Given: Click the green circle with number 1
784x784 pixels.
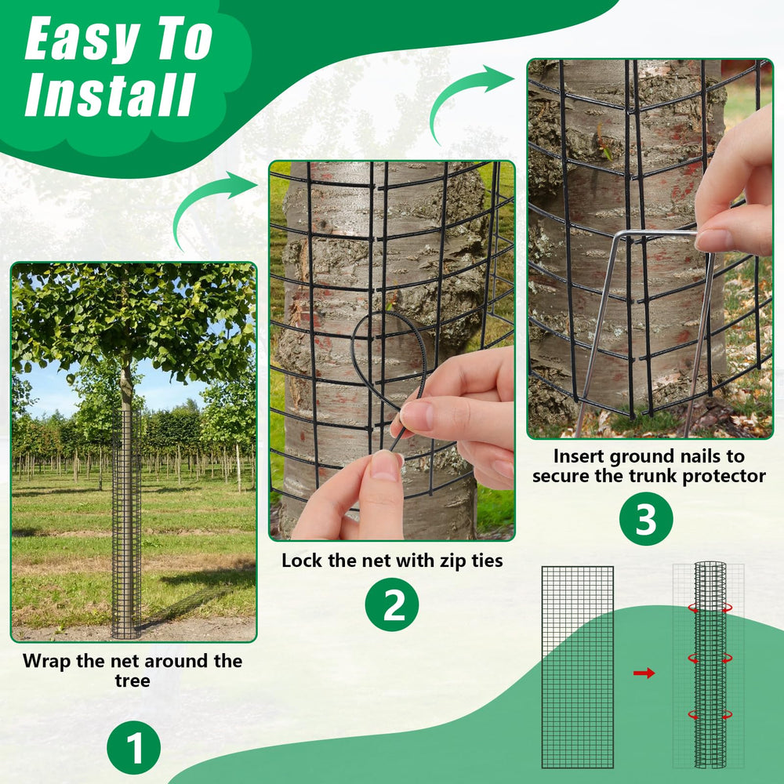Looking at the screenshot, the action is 133,747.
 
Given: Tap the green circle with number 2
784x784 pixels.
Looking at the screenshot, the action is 392,604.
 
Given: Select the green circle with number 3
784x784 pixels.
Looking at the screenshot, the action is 646,518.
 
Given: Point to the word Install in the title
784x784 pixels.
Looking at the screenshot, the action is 110,95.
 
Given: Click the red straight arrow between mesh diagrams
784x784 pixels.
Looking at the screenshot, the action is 644,673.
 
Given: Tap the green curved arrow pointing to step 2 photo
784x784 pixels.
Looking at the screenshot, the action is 210,205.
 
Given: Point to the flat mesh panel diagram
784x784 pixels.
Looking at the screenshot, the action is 578,667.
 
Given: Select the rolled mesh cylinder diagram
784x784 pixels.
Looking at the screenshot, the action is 710,665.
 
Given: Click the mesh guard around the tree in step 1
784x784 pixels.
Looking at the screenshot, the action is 126,525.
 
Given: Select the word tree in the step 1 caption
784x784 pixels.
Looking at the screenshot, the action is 132,681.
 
